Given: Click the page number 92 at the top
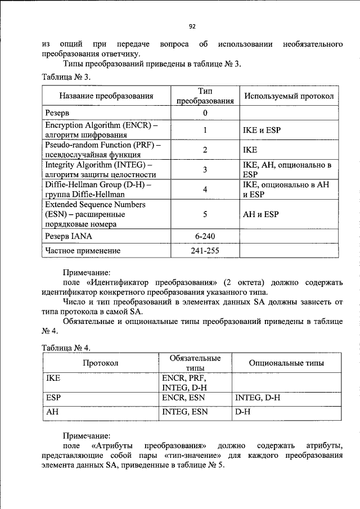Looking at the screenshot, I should pos(192,26).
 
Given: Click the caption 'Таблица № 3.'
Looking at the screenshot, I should pos(66,76).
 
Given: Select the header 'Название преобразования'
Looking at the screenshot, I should pos(106,96).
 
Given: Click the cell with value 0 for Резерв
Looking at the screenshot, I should pos(205,112).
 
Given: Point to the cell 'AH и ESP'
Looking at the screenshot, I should pos(260,214).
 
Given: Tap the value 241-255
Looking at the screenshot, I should pos(205,251).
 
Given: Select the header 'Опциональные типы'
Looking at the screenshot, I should pos(286,363).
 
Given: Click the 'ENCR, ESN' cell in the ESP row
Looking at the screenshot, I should pos(183,398).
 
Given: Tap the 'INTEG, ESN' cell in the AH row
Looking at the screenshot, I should pos(184,412).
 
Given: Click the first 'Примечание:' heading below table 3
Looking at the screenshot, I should pos(87,271).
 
